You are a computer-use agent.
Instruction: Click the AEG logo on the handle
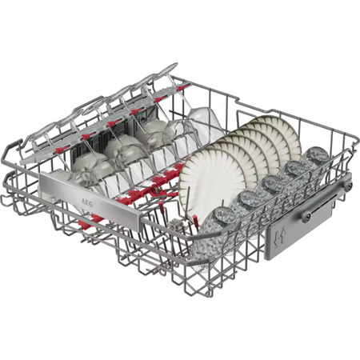87,204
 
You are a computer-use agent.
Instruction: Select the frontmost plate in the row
210,184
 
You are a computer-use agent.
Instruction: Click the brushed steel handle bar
90,200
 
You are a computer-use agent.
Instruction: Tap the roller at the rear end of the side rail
348,186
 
